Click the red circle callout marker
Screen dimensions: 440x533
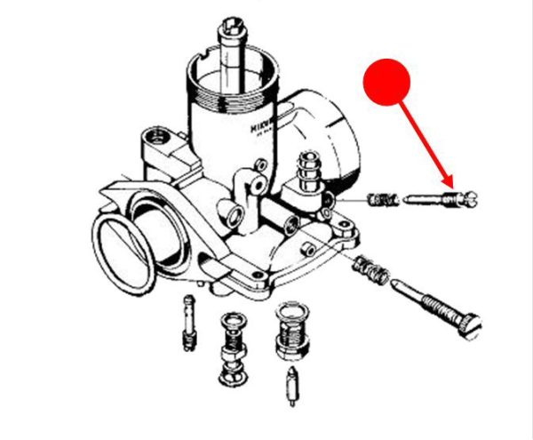pos(387,84)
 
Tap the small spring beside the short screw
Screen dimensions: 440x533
pos(380,201)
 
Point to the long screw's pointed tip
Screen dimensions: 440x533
pos(394,284)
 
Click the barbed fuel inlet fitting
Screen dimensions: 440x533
pos(307,169)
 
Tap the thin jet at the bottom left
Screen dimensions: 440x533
pos(188,322)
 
